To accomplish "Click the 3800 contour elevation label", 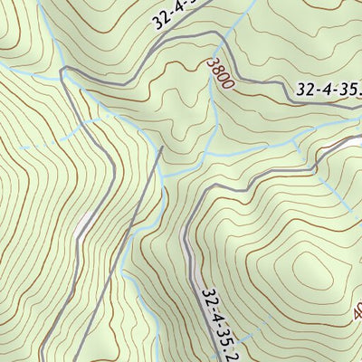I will click(220, 73).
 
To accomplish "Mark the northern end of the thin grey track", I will click(162, 150).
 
